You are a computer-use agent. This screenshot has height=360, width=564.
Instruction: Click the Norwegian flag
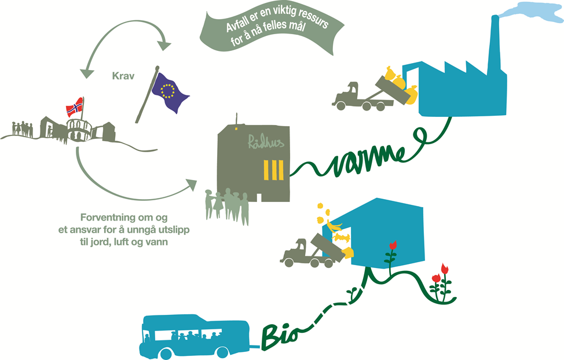pyautogui.click(x=75, y=107)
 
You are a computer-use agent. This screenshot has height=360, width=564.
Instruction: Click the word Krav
pyautogui.click(x=123, y=76)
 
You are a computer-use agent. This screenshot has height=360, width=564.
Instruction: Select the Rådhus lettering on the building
pyautogui.click(x=266, y=142)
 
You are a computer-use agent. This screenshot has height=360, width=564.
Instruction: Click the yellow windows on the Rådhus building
pyautogui.click(x=274, y=170)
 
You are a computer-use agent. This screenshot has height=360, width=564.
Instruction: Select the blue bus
pyautogui.click(x=194, y=336)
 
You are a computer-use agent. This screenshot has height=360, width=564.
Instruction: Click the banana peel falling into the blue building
pyautogui.click(x=336, y=226)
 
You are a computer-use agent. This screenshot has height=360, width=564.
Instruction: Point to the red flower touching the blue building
pyautogui.click(x=393, y=245)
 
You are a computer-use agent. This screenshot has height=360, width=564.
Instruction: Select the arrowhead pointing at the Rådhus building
pyautogui.click(x=191, y=184)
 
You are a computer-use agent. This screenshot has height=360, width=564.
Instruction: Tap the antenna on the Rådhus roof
pyautogui.click(x=236, y=119)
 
